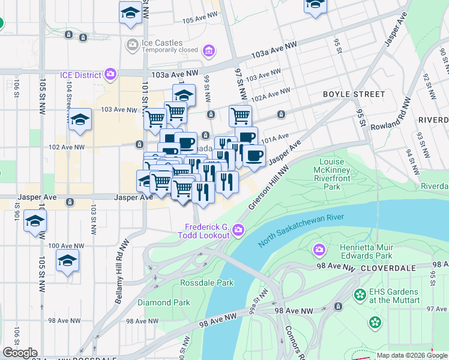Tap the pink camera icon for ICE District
110,74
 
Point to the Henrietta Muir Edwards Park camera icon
319,248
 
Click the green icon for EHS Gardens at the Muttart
360,295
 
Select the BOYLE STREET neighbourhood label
354,94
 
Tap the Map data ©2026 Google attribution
412,355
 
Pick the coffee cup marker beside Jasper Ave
254,156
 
